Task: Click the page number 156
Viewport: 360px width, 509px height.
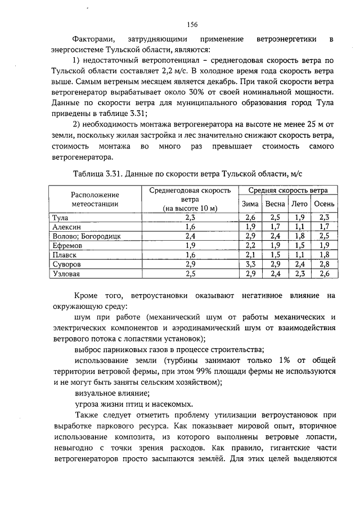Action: pyautogui.click(x=192, y=24)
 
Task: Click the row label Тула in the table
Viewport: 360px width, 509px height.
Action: pyautogui.click(x=60, y=217)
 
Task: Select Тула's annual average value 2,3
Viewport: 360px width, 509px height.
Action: pyautogui.click(x=190, y=217)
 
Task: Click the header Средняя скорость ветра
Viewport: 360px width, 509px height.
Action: pyautogui.click(x=288, y=190)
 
